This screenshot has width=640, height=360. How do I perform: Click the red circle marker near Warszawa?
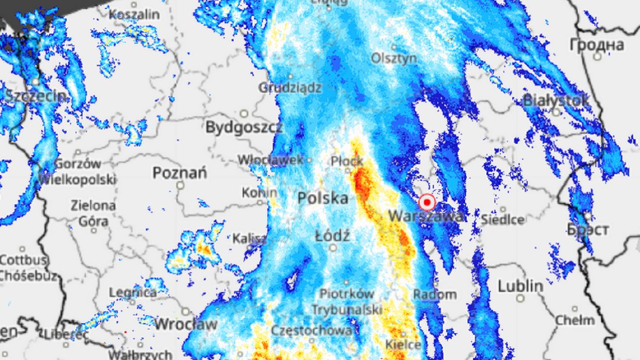tap(427, 203)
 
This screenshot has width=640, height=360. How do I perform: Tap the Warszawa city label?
tap(426, 217)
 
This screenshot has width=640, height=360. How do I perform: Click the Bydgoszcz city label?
tap(244, 127)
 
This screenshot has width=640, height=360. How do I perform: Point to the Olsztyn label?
tap(394, 58)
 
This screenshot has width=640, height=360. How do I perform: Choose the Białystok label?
tap(556, 100)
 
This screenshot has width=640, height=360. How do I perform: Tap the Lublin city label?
tap(520, 286)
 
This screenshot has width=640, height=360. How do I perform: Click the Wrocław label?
tap(186, 324)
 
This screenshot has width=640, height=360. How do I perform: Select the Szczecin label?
tap(36, 97)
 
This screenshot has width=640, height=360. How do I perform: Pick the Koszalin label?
tap(134, 14)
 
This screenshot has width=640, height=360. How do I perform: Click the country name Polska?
tap(323, 198)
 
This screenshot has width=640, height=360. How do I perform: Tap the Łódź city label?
tap(332, 235)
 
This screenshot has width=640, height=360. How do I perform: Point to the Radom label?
tap(435, 294)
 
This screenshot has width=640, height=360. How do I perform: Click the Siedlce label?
tap(502, 219)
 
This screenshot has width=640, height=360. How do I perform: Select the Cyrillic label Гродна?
tap(596, 44)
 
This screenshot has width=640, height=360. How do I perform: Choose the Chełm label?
tap(574, 320)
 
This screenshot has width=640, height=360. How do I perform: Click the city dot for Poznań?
tap(180, 185)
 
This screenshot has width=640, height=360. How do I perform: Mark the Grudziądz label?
tap(290, 87)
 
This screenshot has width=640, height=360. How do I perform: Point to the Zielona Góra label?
tap(93, 212)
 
